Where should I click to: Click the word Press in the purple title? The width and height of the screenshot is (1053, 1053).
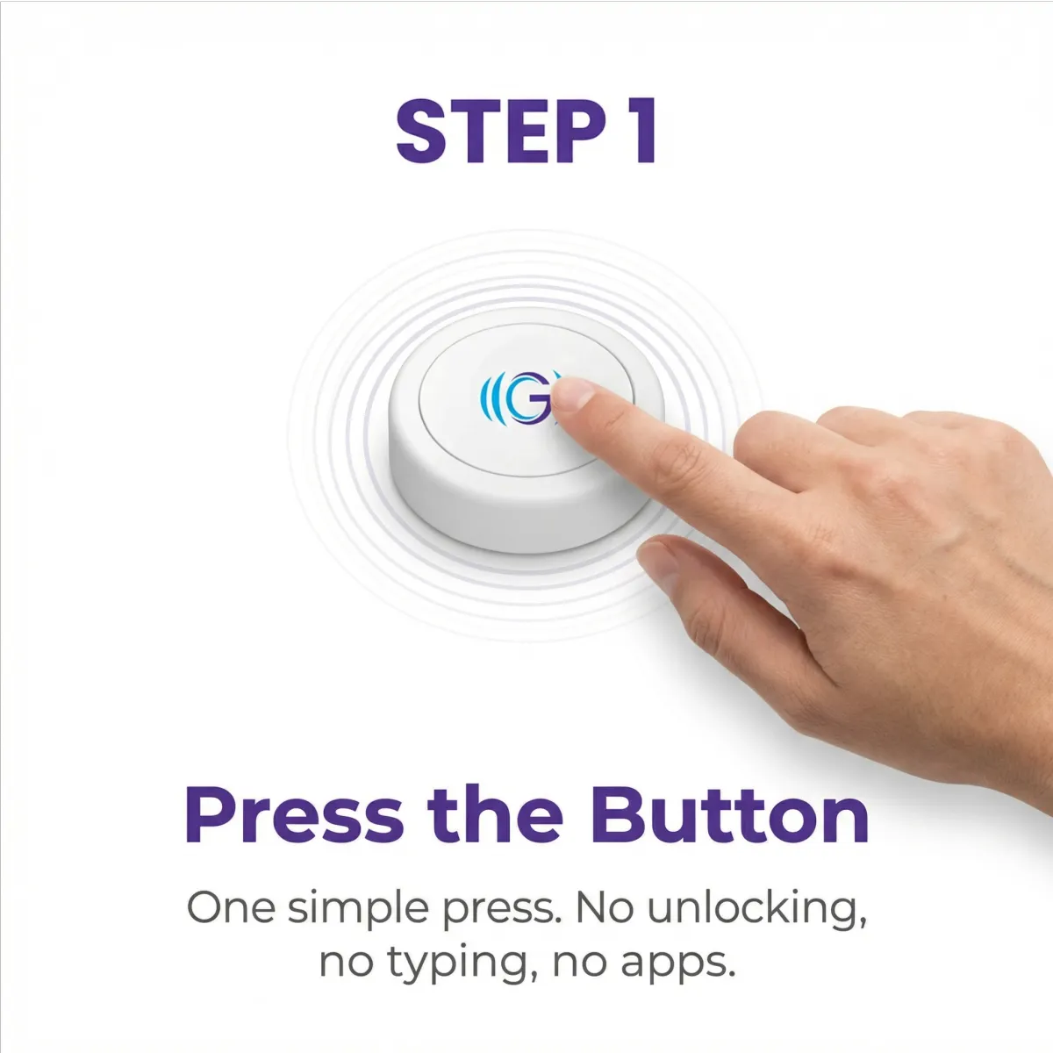pyautogui.click(x=295, y=815)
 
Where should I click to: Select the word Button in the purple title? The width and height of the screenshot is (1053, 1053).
pyautogui.click(x=729, y=814)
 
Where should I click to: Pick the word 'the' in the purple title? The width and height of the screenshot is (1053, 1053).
pyautogui.click(x=496, y=814)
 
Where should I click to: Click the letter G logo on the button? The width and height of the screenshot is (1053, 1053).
pyautogui.click(x=527, y=398)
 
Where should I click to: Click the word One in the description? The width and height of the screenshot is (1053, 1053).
pyautogui.click(x=231, y=908)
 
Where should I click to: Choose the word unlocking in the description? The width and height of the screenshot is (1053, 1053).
pyautogui.click(x=756, y=910)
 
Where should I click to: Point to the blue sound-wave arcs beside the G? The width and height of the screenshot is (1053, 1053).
pyautogui.click(x=491, y=398)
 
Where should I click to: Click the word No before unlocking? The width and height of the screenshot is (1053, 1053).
pyautogui.click(x=604, y=908)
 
